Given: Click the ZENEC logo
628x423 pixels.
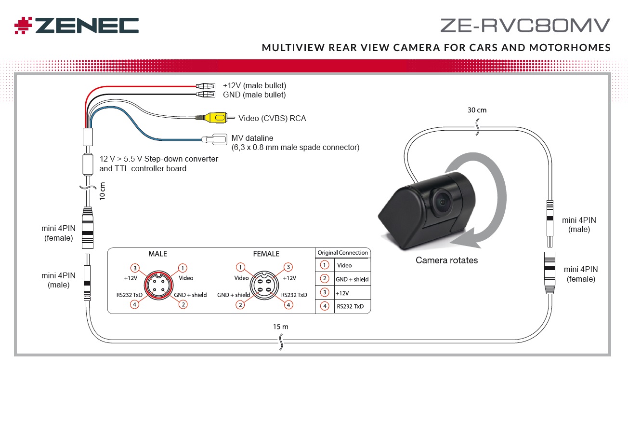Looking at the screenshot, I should [x=77, y=26].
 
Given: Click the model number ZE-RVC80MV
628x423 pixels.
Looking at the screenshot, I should [x=525, y=25].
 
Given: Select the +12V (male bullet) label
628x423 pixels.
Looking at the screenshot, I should [x=254, y=86].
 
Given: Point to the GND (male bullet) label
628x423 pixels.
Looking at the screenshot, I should [x=254, y=95].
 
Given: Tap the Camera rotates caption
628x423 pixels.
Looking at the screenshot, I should [x=446, y=260].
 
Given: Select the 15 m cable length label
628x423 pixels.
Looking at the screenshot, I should [x=281, y=327].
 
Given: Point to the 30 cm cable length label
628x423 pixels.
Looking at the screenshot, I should [x=477, y=110].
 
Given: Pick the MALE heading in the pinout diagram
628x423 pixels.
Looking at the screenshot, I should [x=157, y=254].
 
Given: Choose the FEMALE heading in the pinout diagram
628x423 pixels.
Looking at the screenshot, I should [x=266, y=254].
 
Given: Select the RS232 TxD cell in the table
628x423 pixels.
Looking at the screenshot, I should [x=351, y=306].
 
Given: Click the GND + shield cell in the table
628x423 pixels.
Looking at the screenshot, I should [x=352, y=279].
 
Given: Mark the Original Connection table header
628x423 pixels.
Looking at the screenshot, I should [x=342, y=253].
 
